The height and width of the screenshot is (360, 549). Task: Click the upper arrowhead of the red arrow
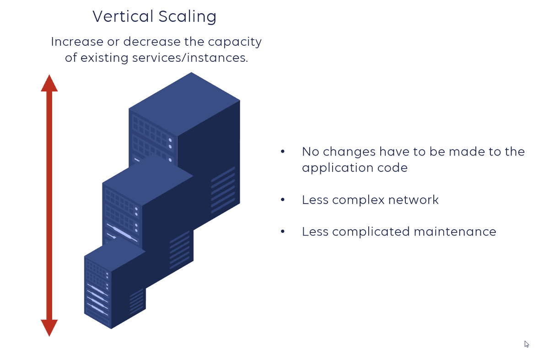[x=49, y=84]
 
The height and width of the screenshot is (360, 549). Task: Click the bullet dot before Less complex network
[x=283, y=200]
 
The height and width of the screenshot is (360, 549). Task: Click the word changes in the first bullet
[x=350, y=151]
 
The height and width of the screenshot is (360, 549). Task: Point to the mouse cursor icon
[x=527, y=344]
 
